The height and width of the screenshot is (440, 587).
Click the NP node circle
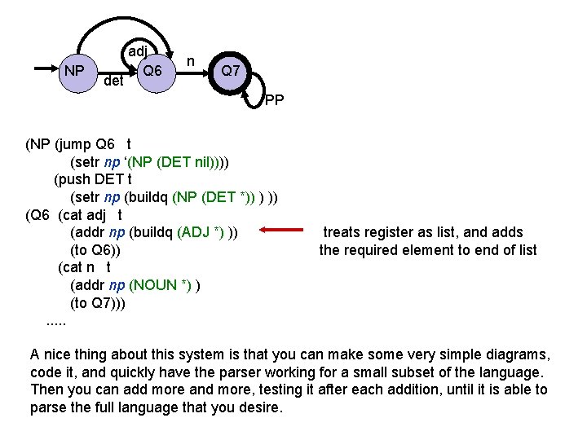[74, 71]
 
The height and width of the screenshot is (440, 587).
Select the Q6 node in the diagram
[152, 71]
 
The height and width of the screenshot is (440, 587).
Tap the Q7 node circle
[231, 71]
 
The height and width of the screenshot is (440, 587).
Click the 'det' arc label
[113, 81]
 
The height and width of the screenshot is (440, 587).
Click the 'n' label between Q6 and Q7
[190, 60]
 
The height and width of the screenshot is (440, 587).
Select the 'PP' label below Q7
[275, 101]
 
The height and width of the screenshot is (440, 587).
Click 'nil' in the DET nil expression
[206, 161]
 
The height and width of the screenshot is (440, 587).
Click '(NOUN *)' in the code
[161, 285]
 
